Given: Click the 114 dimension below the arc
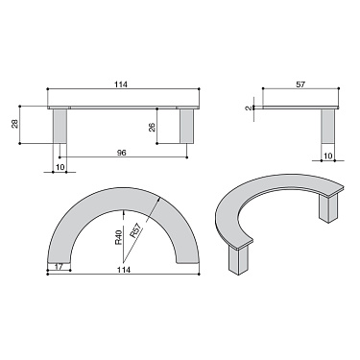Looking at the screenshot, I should [x=123, y=270].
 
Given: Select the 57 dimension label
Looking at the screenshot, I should [x=300, y=85].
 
